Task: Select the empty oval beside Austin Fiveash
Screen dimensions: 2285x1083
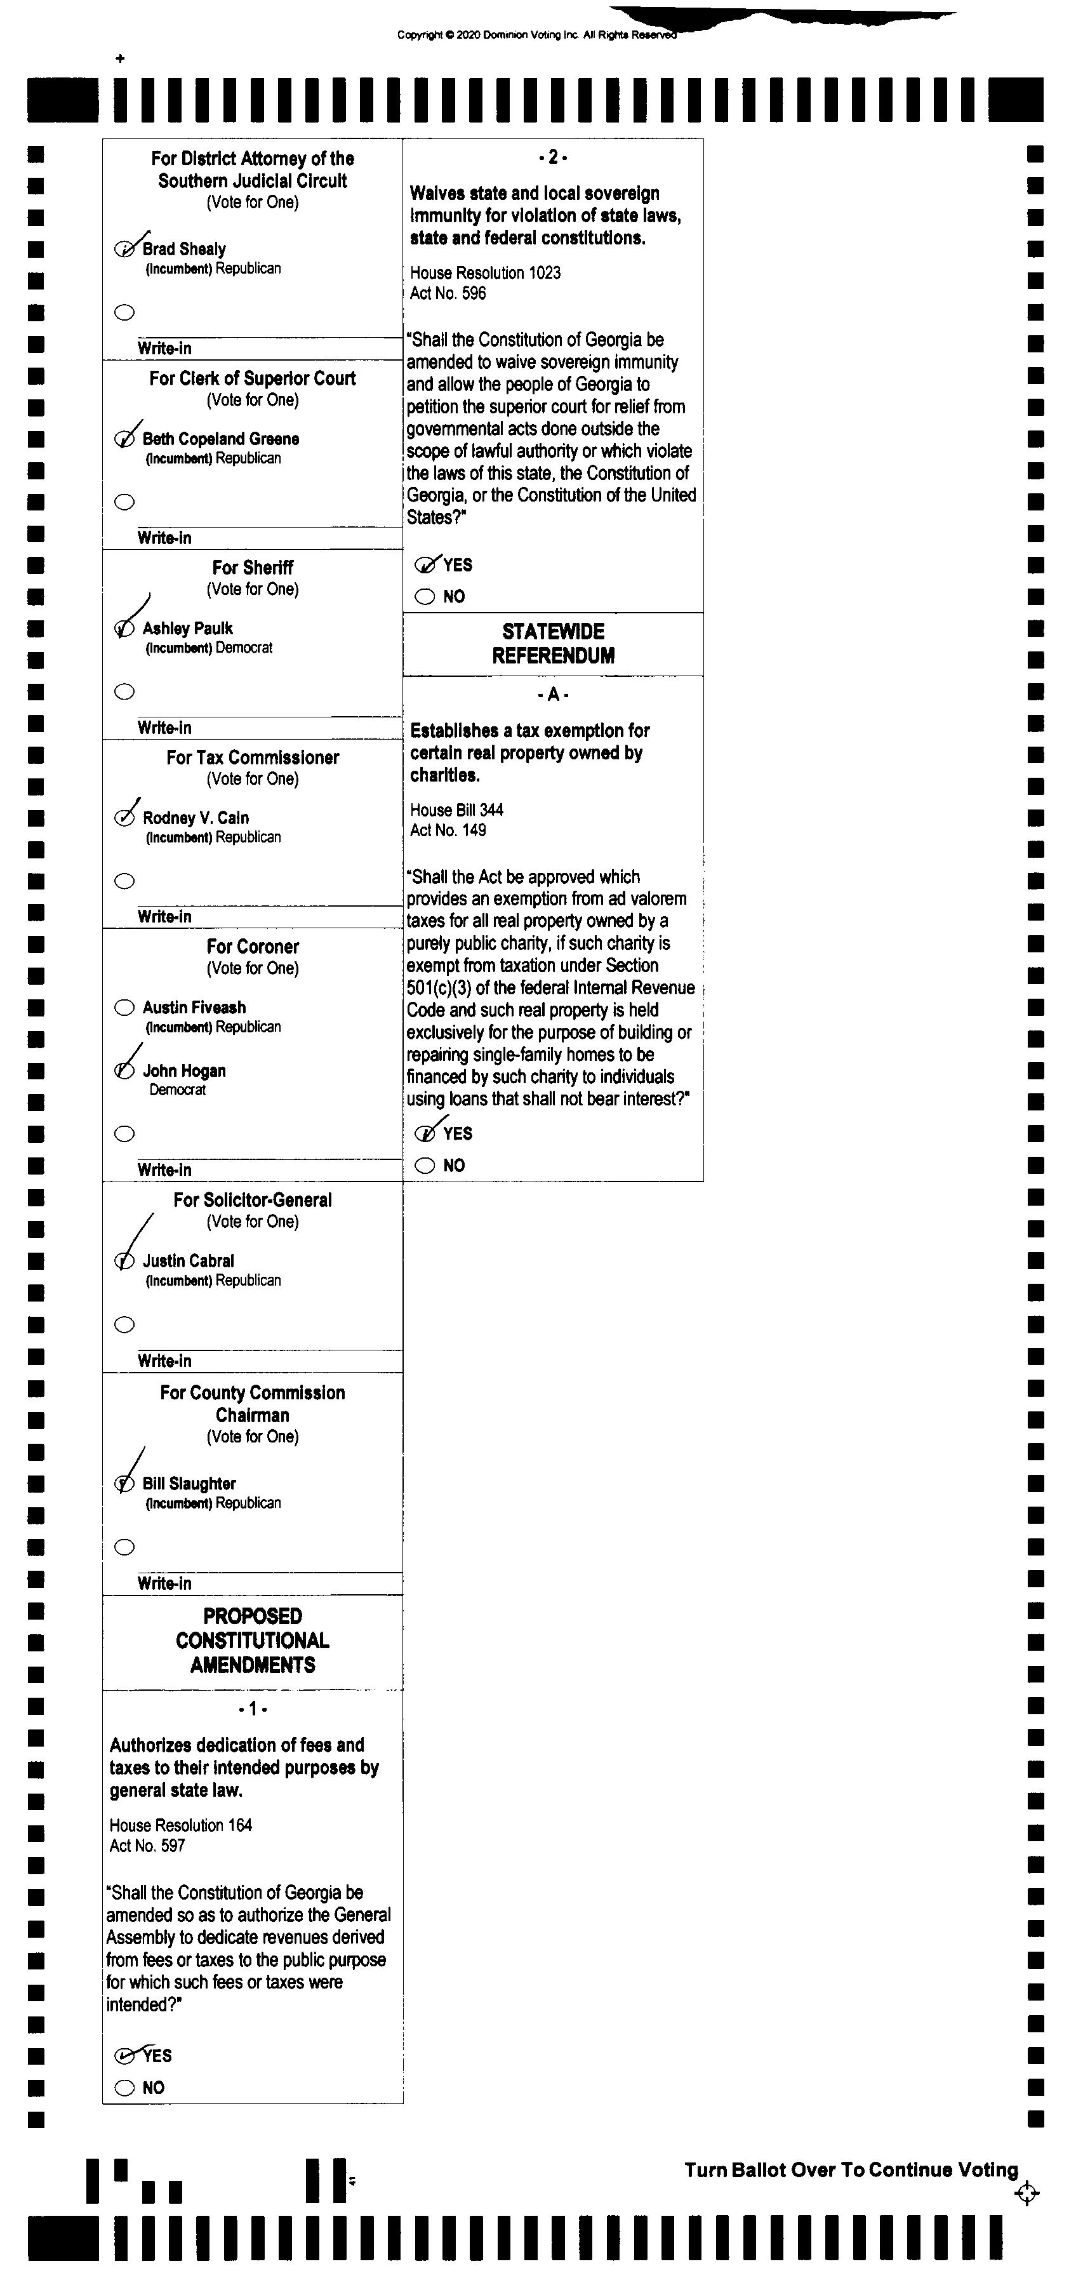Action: point(124,1008)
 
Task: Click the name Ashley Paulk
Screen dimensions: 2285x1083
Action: point(187,628)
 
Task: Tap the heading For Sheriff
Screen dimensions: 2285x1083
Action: point(252,568)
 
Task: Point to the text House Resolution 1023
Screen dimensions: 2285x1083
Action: point(484,272)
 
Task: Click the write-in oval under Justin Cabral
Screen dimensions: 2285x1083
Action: point(125,1324)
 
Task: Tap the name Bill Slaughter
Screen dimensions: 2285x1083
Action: point(189,1483)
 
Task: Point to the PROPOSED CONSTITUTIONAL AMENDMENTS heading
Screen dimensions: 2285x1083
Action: point(252,1640)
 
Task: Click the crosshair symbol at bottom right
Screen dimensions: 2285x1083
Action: point(1027,2194)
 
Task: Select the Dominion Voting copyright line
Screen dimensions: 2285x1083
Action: point(536,36)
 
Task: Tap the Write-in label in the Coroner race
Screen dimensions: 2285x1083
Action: point(164,1170)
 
